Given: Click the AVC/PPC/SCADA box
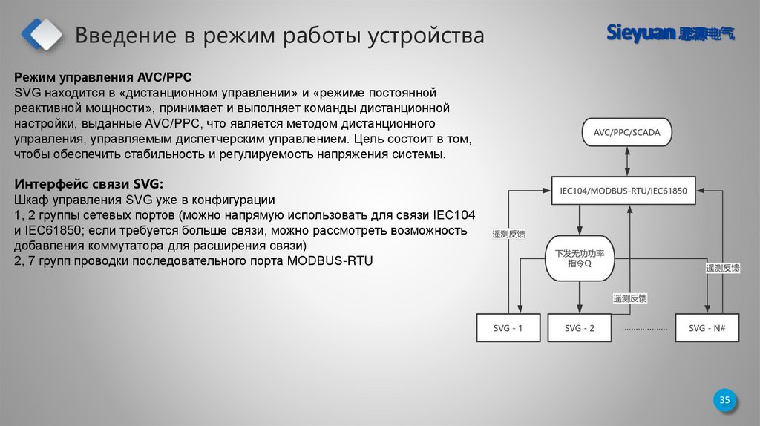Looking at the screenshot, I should click(x=626, y=134).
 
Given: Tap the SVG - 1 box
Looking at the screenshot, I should click(x=508, y=328).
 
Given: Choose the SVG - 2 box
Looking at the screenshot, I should click(x=579, y=328).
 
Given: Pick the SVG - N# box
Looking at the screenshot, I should click(x=707, y=328).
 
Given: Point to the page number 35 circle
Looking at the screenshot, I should click(x=725, y=401).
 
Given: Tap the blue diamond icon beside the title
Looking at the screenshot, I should click(x=42, y=33).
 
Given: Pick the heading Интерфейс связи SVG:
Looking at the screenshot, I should click(x=89, y=184).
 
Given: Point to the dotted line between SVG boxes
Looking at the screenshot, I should click(x=645, y=328).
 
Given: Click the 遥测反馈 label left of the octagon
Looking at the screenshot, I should click(x=508, y=234).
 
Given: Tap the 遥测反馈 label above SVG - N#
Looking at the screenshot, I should click(x=723, y=269).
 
